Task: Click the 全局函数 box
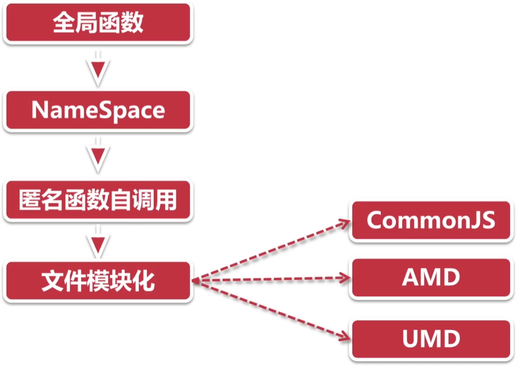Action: (x=98, y=24)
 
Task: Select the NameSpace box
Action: (x=98, y=111)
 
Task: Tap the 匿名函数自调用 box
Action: (x=98, y=200)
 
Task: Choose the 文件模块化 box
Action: (x=98, y=281)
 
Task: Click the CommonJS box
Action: (x=431, y=221)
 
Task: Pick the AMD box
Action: (x=431, y=278)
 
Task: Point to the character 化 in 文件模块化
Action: (x=144, y=281)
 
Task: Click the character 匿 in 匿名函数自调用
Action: (x=30, y=200)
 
